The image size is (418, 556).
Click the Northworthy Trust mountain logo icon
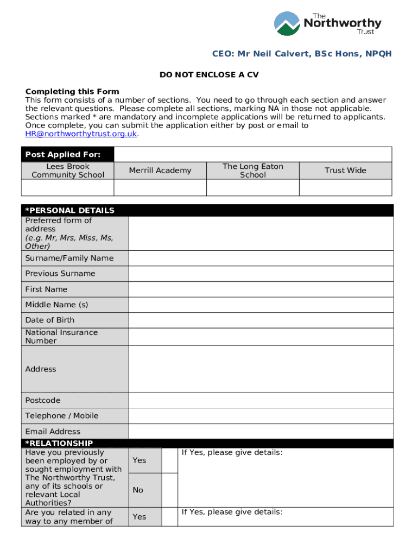(x=287, y=23)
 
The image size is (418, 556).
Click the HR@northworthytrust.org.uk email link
(x=81, y=134)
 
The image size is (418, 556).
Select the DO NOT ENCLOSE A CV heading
(x=209, y=75)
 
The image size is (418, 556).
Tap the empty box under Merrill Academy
(x=160, y=187)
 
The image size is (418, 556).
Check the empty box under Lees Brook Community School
(x=67, y=187)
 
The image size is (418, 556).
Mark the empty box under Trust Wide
(x=345, y=187)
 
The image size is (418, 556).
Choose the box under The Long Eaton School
(x=252, y=187)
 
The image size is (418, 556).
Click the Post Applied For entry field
(x=254, y=154)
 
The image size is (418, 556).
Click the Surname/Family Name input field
(x=261, y=258)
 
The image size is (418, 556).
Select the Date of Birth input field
(x=261, y=320)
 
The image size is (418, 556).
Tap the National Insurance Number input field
(x=261, y=337)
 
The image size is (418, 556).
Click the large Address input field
(x=261, y=369)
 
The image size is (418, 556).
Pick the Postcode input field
(x=261, y=400)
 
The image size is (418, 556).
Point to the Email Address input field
(x=261, y=432)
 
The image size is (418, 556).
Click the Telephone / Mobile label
(x=62, y=416)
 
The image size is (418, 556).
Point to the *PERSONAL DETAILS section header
(x=70, y=211)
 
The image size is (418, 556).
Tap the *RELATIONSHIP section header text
(x=59, y=444)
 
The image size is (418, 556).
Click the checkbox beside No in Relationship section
(x=169, y=490)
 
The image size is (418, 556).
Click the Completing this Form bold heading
(x=72, y=91)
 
